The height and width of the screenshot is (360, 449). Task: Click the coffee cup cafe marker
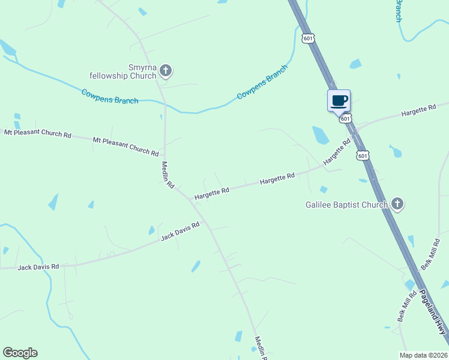[x=339, y=100]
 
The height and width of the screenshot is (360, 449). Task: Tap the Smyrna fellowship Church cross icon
[x=166, y=71]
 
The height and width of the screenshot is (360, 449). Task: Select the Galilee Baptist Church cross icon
[x=397, y=204]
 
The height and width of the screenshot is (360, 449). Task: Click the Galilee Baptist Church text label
[x=346, y=205]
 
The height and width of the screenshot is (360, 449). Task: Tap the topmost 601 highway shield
[x=308, y=38]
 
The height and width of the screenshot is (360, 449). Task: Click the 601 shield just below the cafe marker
[x=345, y=119]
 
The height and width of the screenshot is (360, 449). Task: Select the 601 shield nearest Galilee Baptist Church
[x=362, y=155]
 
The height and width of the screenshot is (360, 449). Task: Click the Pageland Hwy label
[x=433, y=313]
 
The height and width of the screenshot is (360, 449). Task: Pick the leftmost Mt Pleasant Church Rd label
[x=38, y=133]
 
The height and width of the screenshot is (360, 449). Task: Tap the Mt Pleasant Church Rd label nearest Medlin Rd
[x=125, y=146]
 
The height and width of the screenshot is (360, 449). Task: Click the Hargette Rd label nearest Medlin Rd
[x=211, y=193]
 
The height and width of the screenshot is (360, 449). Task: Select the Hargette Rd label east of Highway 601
[x=418, y=110]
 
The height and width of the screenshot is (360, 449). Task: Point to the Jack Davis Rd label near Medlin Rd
[x=179, y=231]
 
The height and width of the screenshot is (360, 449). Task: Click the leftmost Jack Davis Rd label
[x=38, y=266]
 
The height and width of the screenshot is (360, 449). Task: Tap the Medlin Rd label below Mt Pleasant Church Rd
[x=167, y=175]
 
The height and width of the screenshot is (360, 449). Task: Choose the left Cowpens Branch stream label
[x=110, y=96]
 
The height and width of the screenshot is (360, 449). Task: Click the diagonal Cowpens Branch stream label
[x=262, y=81]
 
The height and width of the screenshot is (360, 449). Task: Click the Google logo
[x=20, y=353]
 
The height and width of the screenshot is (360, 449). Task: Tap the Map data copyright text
[x=423, y=355]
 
